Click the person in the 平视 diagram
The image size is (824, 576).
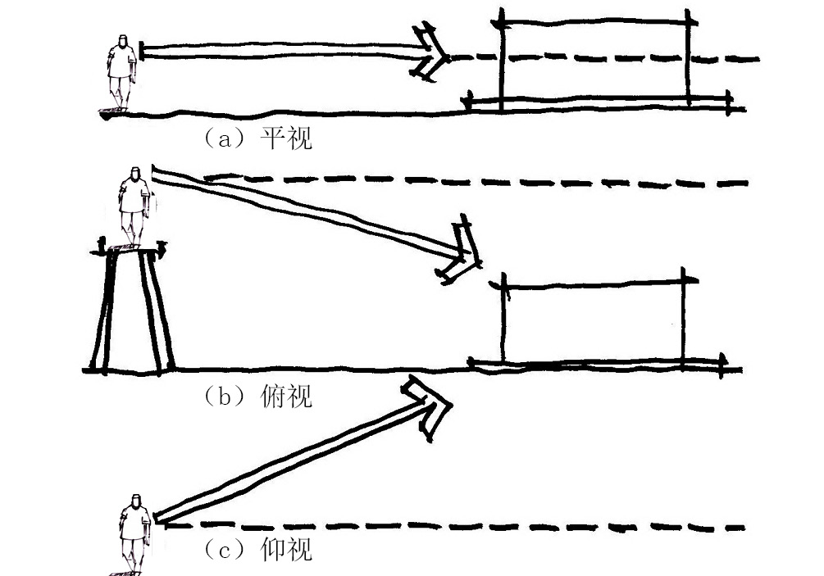click(x=121, y=74)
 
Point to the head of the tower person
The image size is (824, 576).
click(x=135, y=174)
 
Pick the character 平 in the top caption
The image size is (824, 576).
click(x=272, y=137)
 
